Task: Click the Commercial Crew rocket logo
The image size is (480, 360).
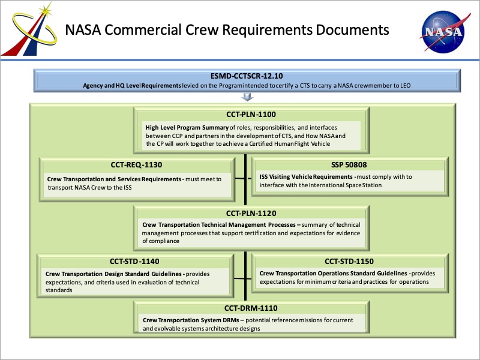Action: (x=29, y=29)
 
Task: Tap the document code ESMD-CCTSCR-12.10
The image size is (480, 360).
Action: (x=247, y=76)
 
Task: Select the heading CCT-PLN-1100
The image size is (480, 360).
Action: (x=251, y=115)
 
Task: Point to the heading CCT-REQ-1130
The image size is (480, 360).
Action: (x=137, y=164)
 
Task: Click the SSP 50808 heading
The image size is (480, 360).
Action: (x=349, y=164)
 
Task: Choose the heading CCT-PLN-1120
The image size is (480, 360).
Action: (x=251, y=213)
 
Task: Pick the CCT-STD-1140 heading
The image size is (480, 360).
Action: (x=134, y=262)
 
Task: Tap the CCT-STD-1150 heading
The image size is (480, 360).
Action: (x=349, y=262)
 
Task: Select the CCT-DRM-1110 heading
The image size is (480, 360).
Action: (x=251, y=308)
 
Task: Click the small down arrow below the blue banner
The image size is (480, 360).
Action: (x=247, y=97)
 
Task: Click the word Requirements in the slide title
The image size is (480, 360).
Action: (x=267, y=30)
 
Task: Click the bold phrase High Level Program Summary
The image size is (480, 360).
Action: (x=187, y=128)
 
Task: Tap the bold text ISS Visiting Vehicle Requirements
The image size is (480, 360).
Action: (x=306, y=176)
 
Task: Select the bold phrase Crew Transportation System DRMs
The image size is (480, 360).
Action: (x=191, y=320)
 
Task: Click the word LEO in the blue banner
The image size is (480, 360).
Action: (x=406, y=86)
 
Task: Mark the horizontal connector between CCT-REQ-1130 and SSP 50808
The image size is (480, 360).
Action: (x=243, y=178)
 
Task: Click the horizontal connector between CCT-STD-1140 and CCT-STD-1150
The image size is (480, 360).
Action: (x=242, y=278)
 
